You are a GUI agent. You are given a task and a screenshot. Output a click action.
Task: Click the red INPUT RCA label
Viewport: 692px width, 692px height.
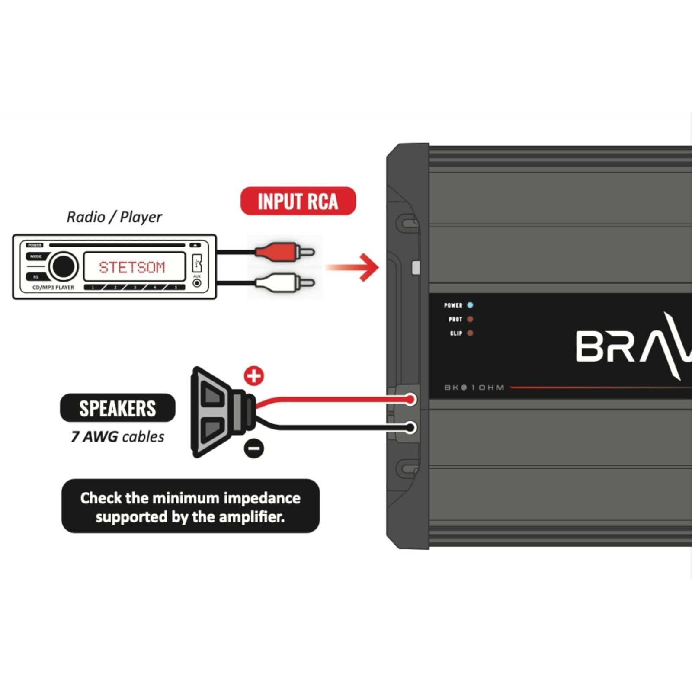tap(298, 201)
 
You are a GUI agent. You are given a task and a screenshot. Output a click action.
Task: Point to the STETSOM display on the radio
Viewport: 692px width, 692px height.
tap(133, 267)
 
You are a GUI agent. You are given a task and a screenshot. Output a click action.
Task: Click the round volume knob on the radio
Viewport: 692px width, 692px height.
tap(63, 266)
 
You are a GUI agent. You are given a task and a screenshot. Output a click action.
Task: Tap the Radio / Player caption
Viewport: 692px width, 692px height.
tap(114, 217)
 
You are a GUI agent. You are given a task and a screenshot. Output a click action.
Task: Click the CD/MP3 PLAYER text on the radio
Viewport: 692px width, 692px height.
tap(53, 288)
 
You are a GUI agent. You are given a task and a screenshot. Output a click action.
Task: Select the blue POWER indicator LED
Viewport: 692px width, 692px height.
tap(470, 305)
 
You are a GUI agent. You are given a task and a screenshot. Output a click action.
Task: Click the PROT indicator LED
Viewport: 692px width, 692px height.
tap(470, 319)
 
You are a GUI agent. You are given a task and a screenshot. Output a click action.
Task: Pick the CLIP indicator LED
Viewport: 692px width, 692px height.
tap(470, 333)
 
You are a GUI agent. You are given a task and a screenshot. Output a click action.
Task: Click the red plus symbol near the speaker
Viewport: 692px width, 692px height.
tap(254, 376)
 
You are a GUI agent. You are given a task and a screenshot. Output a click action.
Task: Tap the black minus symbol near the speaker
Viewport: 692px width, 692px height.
tap(254, 448)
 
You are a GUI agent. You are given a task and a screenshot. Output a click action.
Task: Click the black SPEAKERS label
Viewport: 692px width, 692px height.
tap(118, 408)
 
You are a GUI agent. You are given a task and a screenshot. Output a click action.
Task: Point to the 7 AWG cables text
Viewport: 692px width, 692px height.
tap(118, 437)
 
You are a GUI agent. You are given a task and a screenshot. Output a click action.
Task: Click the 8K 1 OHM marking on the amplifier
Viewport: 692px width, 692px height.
tap(474, 388)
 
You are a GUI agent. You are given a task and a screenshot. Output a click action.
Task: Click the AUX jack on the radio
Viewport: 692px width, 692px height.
tap(197, 283)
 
